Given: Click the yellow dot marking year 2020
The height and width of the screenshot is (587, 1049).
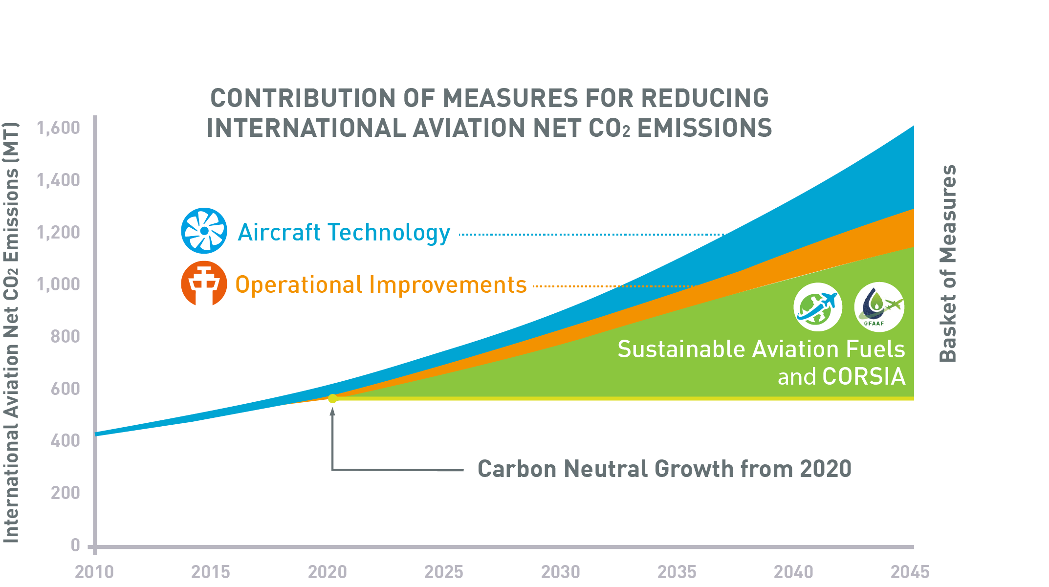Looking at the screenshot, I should point(332,398).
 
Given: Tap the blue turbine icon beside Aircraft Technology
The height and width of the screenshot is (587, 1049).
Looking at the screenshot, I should point(204,231).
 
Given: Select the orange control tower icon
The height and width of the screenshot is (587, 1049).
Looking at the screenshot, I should point(204,283).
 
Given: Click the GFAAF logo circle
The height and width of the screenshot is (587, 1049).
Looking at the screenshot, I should point(879,307).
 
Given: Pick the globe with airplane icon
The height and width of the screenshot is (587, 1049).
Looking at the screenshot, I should point(817,307).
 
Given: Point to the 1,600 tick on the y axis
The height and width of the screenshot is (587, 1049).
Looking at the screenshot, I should point(59,128).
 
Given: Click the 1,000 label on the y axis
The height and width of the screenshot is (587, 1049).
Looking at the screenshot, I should point(59,284).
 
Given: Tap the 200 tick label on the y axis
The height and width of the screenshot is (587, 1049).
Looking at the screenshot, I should point(65,493).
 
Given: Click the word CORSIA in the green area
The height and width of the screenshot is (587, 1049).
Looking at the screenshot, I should point(864,377).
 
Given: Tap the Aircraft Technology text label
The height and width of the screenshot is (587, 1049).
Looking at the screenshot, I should point(344,233).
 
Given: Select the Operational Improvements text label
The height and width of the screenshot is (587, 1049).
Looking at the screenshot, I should point(381,285).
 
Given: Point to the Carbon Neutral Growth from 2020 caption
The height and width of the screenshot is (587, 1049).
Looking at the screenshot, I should point(664,469).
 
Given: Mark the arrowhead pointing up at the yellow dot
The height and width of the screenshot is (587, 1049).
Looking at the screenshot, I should point(332,412).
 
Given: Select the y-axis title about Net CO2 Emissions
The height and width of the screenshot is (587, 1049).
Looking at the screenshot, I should point(11,332).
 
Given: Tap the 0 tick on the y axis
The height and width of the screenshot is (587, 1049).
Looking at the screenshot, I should point(75,545).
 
